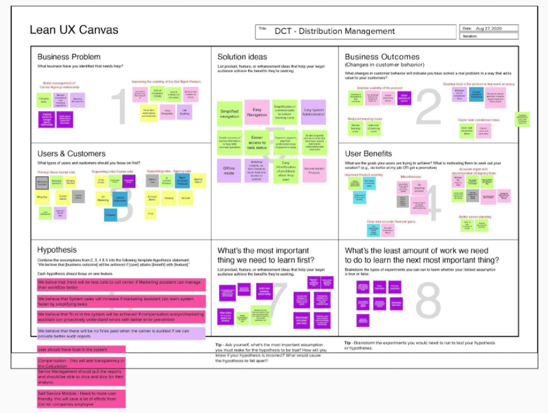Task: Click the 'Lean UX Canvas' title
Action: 74,30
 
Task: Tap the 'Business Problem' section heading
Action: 68,57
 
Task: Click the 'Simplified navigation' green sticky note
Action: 229,112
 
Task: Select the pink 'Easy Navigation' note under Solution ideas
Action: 256,111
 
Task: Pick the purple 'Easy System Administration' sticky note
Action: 313,112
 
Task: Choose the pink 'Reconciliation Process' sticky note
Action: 313,170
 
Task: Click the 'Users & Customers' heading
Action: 71,153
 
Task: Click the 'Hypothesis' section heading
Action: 57,250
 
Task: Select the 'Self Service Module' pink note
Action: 81,398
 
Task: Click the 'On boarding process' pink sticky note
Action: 419,187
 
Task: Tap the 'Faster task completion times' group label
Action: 480,120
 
